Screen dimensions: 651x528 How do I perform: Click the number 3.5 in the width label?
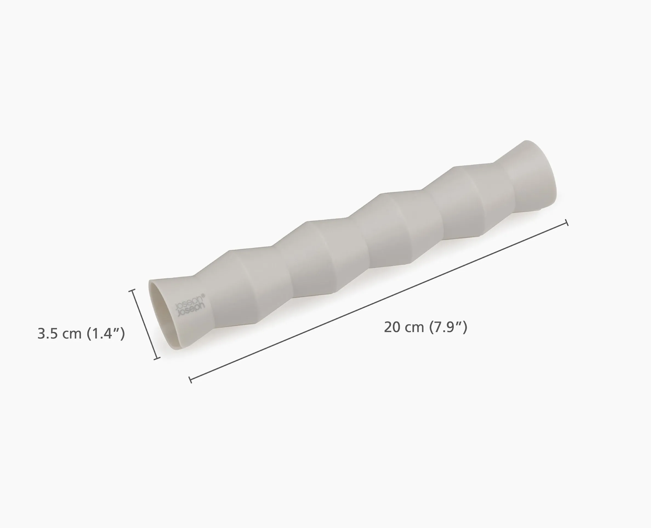click(47, 334)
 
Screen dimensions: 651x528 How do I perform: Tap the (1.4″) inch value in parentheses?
click(106, 334)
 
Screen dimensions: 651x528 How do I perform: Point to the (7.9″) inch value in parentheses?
click(448, 327)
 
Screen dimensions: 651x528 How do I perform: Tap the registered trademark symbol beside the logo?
click(203, 295)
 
